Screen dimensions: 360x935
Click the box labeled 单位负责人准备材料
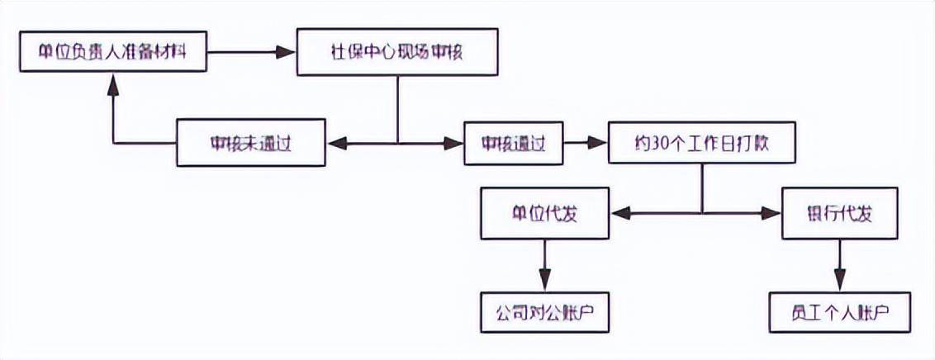pyautogui.click(x=113, y=53)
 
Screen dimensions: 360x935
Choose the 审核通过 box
pyautogui.click(x=513, y=144)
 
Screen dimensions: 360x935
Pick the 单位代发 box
pyautogui.click(x=544, y=213)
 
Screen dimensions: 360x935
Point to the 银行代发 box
pyautogui.click(x=838, y=213)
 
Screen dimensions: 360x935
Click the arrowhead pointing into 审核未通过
pyautogui.click(x=335, y=144)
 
